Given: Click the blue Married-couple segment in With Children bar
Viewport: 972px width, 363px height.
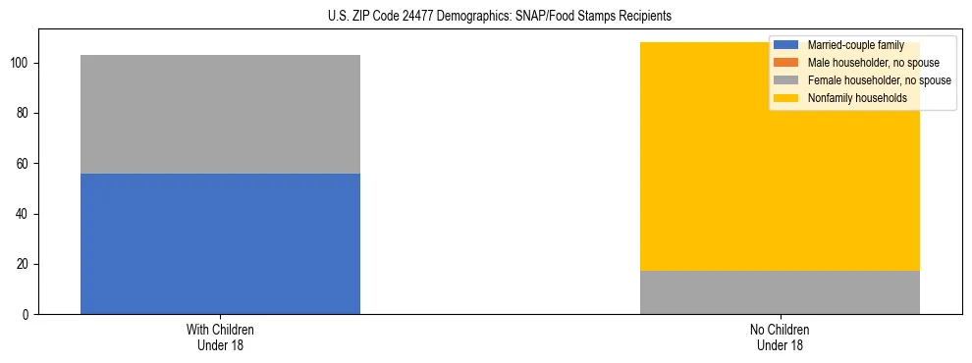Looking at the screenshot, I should pyautogui.click(x=220, y=243).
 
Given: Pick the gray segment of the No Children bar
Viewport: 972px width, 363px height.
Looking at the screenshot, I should pyautogui.click(x=780, y=292).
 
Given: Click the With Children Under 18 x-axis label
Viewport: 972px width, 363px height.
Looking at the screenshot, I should pyautogui.click(x=220, y=337).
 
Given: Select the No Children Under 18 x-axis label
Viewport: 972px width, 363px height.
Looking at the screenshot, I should pyautogui.click(x=780, y=337).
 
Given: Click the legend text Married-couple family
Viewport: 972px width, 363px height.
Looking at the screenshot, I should pyautogui.click(x=855, y=45).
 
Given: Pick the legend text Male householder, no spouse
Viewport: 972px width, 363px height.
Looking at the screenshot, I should pyautogui.click(x=868, y=63).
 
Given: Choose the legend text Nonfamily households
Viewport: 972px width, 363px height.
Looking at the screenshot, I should pyautogui.click(x=850, y=98).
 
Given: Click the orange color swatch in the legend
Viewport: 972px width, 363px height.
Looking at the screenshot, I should pyautogui.click(x=786, y=63).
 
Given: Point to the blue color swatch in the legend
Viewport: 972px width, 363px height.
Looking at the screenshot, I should pyautogui.click(x=786, y=45).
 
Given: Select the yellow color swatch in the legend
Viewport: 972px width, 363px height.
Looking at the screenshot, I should pyautogui.click(x=786, y=98).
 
